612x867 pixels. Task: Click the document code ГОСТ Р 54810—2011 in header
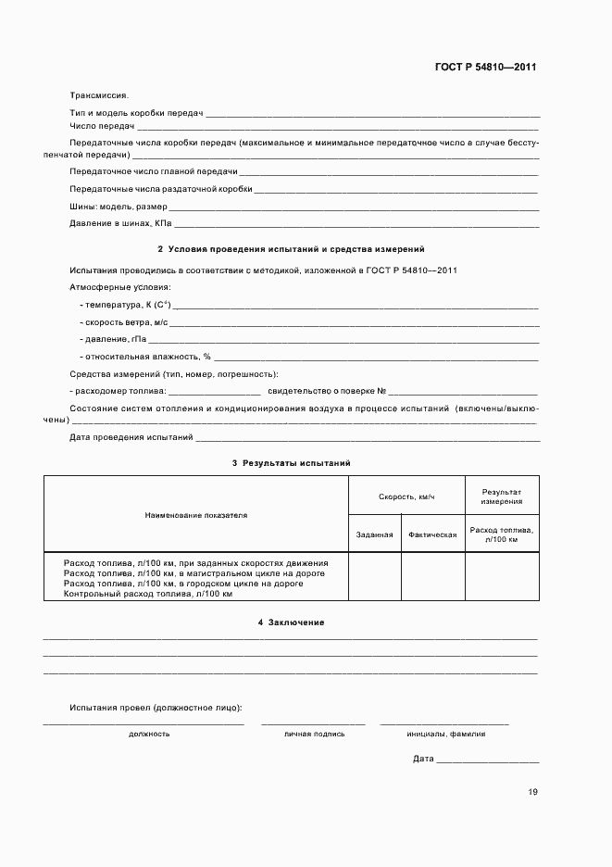tap(485, 68)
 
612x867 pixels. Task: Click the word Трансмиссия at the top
tap(99, 94)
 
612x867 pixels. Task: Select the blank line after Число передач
tap(338, 126)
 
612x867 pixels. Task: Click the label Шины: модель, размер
tap(119, 207)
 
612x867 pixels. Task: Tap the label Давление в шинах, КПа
tap(120, 224)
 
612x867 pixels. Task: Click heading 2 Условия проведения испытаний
tap(291, 250)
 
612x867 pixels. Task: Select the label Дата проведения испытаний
tap(131, 436)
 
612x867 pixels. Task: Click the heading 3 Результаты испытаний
tap(291, 462)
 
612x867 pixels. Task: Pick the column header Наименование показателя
tap(195, 514)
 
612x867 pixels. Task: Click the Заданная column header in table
tap(374, 534)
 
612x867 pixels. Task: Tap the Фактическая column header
tap(431, 534)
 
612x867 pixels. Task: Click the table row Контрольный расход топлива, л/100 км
tap(147, 593)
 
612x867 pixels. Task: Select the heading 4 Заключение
tap(291, 622)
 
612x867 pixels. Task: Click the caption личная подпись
tap(315, 734)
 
